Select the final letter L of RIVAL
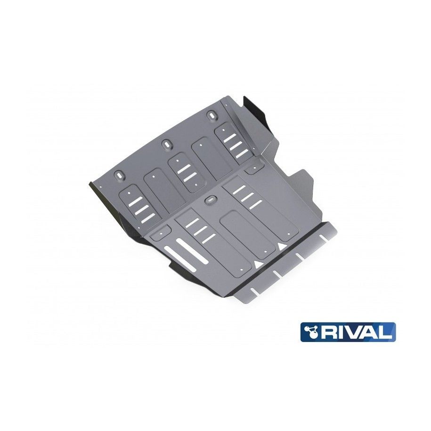386,332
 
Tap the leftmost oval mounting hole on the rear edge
119,175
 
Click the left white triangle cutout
258,264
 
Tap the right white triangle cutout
281,246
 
